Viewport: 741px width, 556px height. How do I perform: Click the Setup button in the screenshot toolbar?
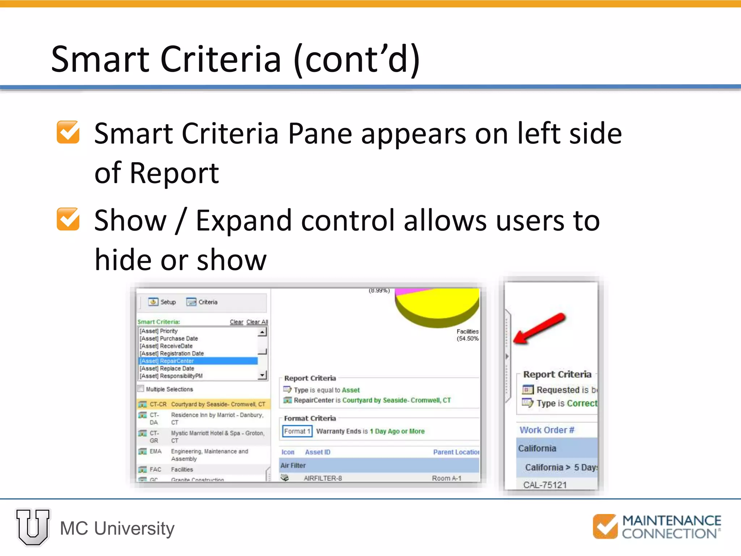[x=162, y=302]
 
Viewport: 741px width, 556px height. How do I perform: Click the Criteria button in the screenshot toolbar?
[x=202, y=302]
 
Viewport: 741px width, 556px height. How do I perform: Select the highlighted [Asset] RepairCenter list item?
[x=198, y=361]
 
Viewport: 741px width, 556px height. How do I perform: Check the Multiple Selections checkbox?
[x=141, y=389]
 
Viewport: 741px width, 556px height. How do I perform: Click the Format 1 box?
[x=297, y=431]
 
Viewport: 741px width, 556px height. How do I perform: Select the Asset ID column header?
[x=317, y=452]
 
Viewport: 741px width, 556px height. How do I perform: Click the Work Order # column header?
[x=547, y=430]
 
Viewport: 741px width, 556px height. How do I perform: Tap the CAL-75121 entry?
[x=545, y=485]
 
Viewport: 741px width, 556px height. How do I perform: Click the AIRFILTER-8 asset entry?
[x=322, y=478]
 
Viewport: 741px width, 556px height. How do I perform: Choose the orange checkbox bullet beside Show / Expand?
[x=68, y=219]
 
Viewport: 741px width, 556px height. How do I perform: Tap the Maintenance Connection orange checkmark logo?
[x=605, y=526]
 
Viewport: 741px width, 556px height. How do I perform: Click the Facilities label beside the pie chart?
[x=467, y=332]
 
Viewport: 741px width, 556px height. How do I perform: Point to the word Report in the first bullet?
[x=174, y=173]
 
